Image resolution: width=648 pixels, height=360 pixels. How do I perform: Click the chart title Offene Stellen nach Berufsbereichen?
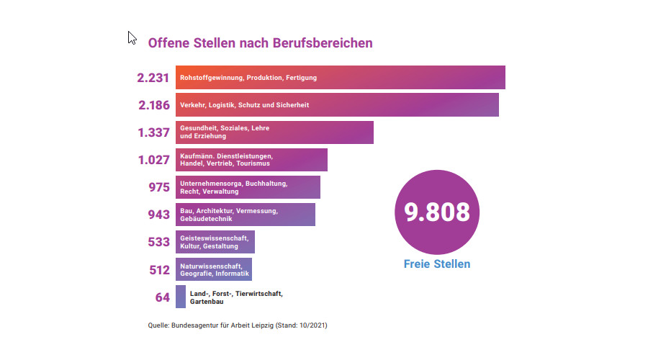[260, 42]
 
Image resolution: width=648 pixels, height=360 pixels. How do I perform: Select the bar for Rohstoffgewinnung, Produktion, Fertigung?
[340, 78]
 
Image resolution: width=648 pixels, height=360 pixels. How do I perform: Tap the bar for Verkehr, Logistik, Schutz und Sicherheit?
[337, 105]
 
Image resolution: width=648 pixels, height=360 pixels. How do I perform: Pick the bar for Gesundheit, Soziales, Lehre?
[274, 132]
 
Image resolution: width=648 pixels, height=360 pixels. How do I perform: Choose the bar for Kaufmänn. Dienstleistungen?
[251, 160]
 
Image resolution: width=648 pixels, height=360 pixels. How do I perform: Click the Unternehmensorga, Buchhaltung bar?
[248, 187]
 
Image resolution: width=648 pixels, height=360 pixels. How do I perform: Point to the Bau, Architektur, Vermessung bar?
[245, 215]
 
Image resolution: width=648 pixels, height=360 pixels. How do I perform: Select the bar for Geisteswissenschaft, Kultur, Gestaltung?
[215, 242]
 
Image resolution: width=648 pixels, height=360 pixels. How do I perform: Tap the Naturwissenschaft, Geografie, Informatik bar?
[213, 269]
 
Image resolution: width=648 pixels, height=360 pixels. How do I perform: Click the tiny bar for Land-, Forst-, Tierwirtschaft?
[181, 297]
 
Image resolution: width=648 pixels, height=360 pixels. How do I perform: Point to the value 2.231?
[153, 78]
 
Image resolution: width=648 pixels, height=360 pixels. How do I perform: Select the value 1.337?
[153, 132]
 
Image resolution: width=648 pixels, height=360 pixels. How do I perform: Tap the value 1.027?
[153, 160]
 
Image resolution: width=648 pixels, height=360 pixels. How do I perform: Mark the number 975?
[158, 187]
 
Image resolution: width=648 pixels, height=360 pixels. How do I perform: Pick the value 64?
[163, 297]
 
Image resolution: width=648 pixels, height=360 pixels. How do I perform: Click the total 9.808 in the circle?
[437, 212]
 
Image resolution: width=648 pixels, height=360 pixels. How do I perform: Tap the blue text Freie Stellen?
[437, 264]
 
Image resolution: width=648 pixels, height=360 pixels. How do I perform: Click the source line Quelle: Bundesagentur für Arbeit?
[238, 325]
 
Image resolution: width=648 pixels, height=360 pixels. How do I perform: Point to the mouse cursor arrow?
[132, 37]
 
